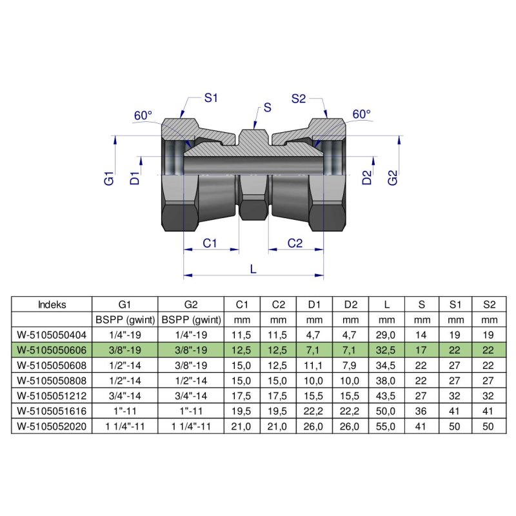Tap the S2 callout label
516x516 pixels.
tap(298, 99)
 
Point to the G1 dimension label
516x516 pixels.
tap(109, 179)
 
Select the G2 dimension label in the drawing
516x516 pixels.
tap(393, 179)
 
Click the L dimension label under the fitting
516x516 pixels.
tap(253, 270)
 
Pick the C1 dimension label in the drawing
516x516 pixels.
tap(210, 243)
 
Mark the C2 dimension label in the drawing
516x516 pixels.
tap(295, 243)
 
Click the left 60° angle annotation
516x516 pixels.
tap(143, 115)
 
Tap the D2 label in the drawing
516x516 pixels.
tap(367, 179)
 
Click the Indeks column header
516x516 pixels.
tap(52, 304)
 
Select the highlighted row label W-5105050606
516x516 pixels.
tap(52, 349)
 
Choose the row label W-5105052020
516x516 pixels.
tap(52, 426)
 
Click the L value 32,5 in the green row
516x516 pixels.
tap(386, 349)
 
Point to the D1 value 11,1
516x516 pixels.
tap(314, 364)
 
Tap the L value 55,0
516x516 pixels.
tap(386, 426)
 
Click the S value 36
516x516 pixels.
tap(422, 411)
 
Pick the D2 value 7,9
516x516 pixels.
tap(350, 364)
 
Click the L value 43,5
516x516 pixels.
tap(386, 395)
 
